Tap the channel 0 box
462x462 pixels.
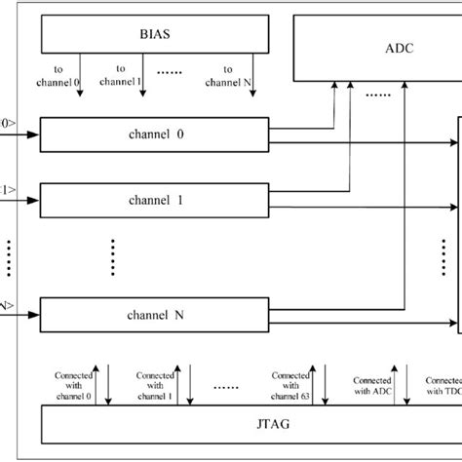coord(154,133)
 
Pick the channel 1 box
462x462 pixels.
coord(154,198)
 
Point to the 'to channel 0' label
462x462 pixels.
coord(68,76)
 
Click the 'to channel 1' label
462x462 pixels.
coord(127,76)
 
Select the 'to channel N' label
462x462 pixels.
coord(234,76)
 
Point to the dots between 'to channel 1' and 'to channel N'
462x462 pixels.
coord(179,73)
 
